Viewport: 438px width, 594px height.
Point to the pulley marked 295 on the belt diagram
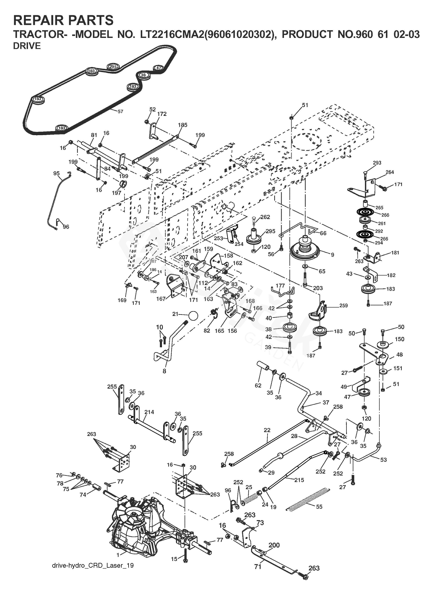tap(113, 67)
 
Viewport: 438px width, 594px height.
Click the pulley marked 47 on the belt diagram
tap(159, 68)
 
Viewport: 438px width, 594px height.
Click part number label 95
tap(56, 173)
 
